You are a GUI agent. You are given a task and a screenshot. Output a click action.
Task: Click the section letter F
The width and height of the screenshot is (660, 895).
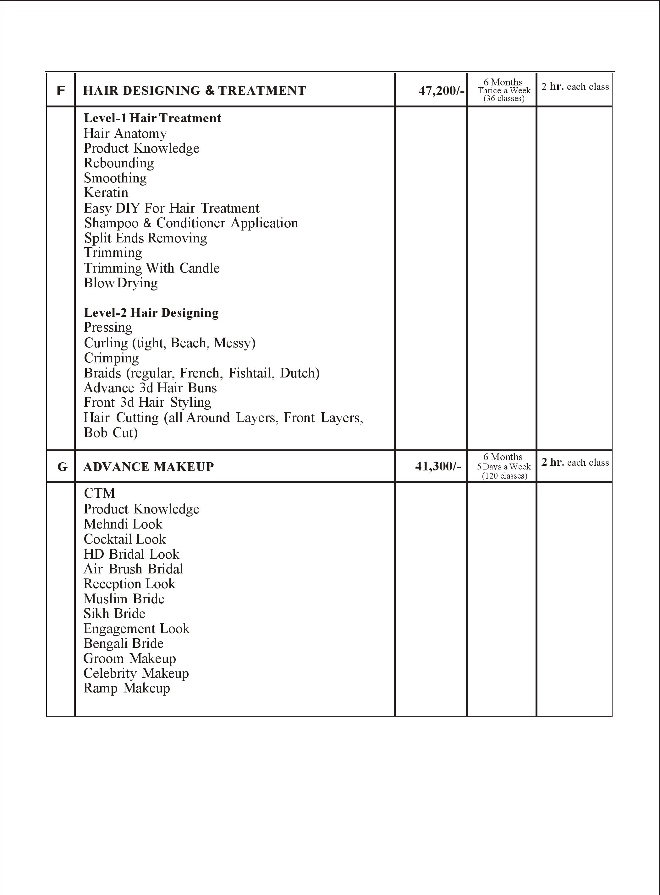pyautogui.click(x=61, y=91)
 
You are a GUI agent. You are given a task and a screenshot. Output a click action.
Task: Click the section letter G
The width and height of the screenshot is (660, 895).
pyautogui.click(x=62, y=467)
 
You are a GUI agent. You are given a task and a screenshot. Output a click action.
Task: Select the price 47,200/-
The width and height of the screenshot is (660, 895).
pyautogui.click(x=441, y=91)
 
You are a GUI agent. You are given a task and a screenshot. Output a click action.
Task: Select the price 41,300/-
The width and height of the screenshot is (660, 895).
pyautogui.click(x=438, y=466)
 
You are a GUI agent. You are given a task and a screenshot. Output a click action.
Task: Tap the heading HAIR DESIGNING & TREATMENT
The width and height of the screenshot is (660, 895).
pyautogui.click(x=194, y=91)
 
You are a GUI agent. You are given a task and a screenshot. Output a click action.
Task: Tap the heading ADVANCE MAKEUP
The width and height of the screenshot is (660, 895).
pyautogui.click(x=148, y=467)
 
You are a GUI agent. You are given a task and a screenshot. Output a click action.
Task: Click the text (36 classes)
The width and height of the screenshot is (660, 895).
pyautogui.click(x=504, y=99)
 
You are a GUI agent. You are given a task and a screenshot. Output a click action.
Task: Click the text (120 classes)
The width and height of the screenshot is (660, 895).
pyautogui.click(x=504, y=476)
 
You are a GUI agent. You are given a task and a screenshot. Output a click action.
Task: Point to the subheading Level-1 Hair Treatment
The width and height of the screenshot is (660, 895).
pyautogui.click(x=152, y=118)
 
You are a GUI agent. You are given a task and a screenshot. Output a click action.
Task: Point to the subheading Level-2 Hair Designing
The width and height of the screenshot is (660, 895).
pyautogui.click(x=151, y=312)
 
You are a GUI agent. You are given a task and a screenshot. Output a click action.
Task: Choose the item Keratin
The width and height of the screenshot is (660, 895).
pyautogui.click(x=106, y=193)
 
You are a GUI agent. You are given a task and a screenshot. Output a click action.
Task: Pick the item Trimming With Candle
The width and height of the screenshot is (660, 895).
pyautogui.click(x=151, y=268)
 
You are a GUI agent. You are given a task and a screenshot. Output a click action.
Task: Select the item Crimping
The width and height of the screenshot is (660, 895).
pyautogui.click(x=111, y=358)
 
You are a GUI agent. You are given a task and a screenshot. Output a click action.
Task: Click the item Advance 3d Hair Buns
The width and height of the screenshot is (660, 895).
pyautogui.click(x=150, y=388)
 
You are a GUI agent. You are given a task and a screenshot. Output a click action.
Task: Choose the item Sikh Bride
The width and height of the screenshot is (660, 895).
pyautogui.click(x=114, y=614)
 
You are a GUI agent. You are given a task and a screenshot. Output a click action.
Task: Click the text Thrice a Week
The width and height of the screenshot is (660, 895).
pyautogui.click(x=504, y=91)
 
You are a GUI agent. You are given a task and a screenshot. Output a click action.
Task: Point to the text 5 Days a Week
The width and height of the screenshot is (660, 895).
pyautogui.click(x=503, y=467)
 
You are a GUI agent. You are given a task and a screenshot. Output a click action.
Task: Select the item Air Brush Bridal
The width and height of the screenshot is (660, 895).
pyautogui.click(x=133, y=569)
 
